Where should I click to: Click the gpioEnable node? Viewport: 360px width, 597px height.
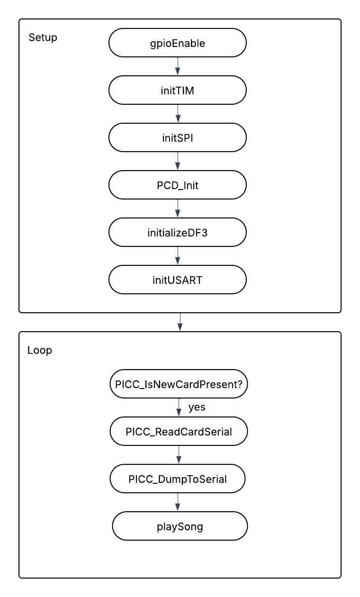178,44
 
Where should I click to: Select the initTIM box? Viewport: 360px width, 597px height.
178,91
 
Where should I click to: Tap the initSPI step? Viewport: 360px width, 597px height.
178,138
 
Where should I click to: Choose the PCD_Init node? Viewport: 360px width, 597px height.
178,185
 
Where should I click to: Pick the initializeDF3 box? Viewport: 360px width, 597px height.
178,233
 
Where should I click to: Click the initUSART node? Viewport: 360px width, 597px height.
178,280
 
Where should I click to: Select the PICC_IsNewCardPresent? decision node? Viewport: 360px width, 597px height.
179,384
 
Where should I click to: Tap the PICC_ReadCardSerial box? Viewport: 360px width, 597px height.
179,432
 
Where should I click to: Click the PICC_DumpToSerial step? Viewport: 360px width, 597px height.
178,479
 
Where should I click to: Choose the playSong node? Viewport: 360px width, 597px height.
180,526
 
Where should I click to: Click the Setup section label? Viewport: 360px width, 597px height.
43,38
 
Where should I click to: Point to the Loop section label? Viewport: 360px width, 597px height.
40,351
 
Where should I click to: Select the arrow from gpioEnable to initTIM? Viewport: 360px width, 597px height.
178,66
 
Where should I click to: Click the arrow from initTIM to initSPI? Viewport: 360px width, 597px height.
178,114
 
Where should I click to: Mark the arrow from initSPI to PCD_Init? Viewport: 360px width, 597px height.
178,162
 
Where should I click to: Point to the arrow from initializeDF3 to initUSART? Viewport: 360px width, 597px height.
178,256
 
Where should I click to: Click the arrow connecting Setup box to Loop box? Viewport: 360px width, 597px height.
180,322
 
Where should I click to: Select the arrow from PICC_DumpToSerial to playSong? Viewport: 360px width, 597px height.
178,503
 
